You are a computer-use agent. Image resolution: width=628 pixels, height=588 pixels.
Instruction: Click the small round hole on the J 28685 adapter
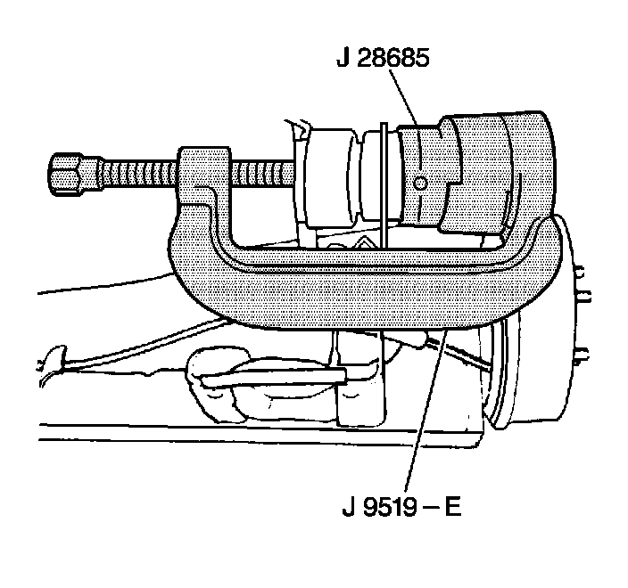[422, 183]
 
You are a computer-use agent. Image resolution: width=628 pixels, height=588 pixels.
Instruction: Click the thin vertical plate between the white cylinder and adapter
[382, 178]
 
